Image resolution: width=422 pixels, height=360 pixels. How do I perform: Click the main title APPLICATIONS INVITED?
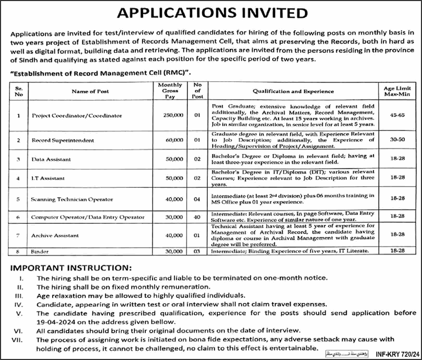(210, 13)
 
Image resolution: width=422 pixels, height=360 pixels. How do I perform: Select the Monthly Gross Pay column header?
(173, 91)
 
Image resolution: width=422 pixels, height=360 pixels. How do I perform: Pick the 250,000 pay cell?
(173, 115)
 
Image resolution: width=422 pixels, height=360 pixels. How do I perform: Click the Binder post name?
(40, 251)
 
